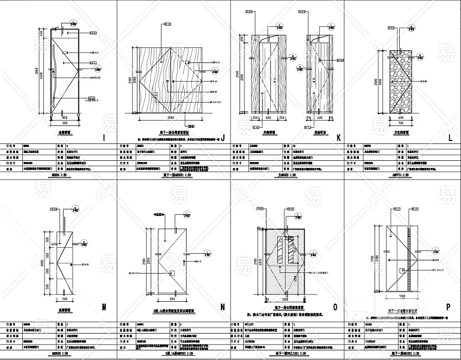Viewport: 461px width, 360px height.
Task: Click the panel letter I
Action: (x=104, y=139)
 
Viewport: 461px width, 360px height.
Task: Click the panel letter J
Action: (x=223, y=138)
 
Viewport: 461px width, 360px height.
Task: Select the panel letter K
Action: (x=339, y=138)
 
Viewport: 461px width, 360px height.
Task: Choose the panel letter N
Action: (x=223, y=308)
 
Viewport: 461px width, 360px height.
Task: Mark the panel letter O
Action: (x=339, y=308)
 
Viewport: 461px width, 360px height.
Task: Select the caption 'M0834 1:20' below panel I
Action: (x=57, y=176)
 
